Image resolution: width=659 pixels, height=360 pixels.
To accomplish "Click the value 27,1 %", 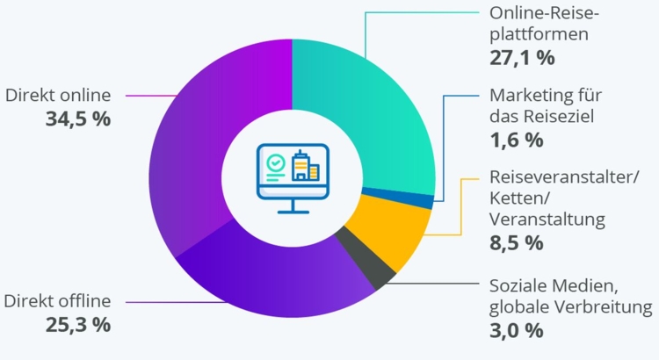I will [521, 59].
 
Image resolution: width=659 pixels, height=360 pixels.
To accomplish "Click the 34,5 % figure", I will [78, 118].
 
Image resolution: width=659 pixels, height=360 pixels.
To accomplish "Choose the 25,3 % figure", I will [78, 324].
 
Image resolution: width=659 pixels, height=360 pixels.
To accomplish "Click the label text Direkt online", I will [57, 94].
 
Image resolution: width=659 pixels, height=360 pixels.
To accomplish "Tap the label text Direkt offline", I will [57, 301].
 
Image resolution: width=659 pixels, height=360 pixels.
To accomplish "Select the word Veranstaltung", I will [547, 219].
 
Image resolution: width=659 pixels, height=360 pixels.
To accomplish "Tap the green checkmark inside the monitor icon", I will [275, 162].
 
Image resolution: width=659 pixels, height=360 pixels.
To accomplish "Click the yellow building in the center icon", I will [313, 170].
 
